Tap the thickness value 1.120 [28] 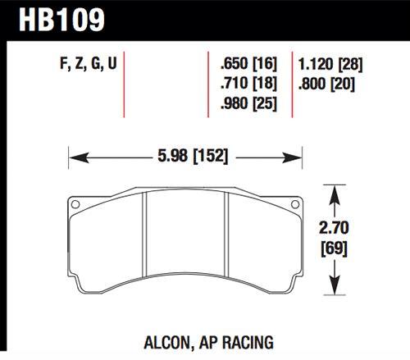[332, 63]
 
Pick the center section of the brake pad [184, 246]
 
